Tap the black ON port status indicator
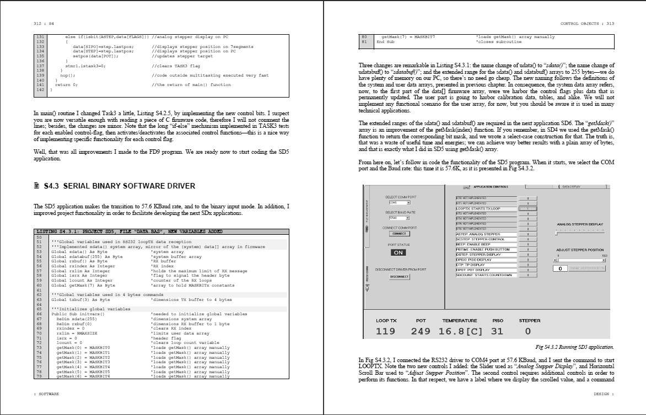click(398, 252)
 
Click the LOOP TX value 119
click(385, 331)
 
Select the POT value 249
click(421, 331)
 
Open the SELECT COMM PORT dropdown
click(400, 203)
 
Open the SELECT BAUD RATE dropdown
click(400, 218)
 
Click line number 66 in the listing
click(39, 313)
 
